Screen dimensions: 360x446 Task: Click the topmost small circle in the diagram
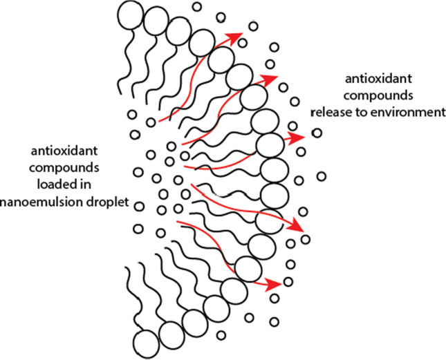(196, 7)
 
